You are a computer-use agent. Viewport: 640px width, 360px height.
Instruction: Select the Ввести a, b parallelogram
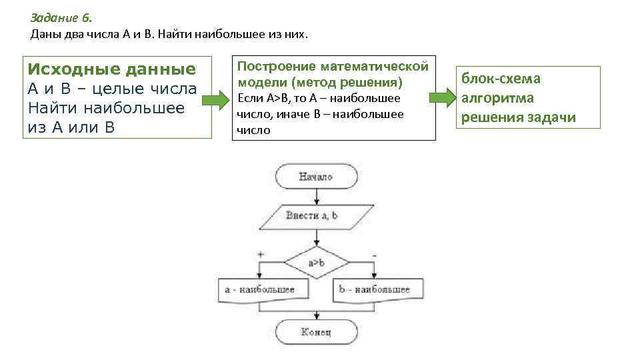coord(311,215)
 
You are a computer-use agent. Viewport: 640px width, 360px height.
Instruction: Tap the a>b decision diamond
coord(316,263)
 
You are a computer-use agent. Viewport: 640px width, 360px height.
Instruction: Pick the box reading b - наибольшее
coord(374,289)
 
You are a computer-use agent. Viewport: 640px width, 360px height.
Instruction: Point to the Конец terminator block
coord(316,331)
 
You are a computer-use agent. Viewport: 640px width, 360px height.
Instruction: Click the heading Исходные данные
coord(112,70)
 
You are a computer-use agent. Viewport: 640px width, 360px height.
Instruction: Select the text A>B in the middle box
coord(274,99)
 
